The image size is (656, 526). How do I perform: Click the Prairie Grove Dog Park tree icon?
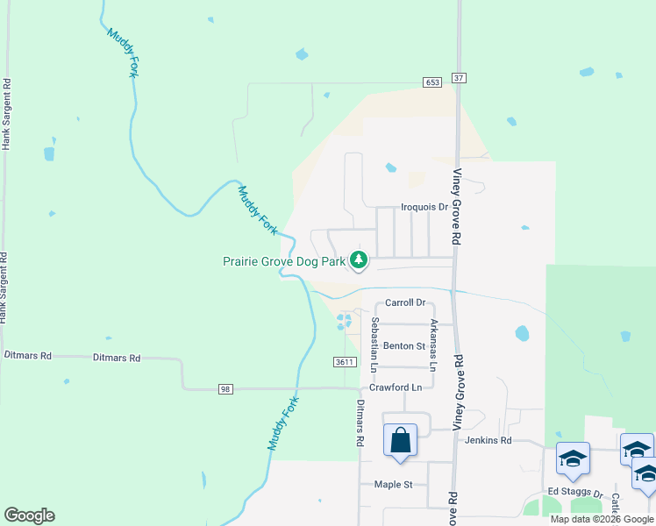[358, 259]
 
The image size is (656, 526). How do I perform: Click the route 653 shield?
[431, 82]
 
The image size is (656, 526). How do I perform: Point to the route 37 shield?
[459, 78]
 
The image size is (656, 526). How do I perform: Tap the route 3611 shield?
[346, 362]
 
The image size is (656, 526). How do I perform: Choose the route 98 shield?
[225, 388]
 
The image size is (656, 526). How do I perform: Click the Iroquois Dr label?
[424, 207]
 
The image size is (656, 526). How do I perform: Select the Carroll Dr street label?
[405, 302]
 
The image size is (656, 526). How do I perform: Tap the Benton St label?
[403, 346]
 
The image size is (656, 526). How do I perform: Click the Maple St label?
[393, 484]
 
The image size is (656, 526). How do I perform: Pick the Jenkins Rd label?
[488, 440]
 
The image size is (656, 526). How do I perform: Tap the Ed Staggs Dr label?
[576, 493]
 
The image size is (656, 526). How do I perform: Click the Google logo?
[29, 515]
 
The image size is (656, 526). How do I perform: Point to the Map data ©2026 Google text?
[601, 519]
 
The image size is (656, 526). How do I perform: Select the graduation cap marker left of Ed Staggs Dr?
[574, 459]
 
